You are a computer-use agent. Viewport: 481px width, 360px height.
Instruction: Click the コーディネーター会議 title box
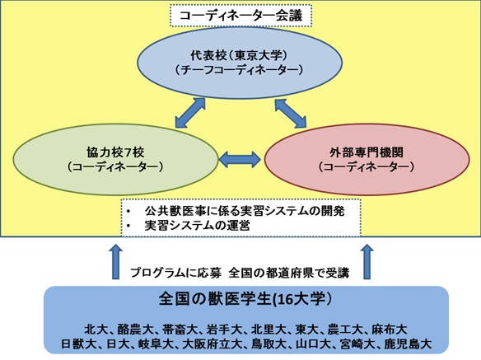click(240, 16)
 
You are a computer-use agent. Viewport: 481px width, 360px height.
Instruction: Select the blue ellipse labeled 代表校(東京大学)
click(240, 63)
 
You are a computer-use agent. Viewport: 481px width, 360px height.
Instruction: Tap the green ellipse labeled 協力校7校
click(115, 159)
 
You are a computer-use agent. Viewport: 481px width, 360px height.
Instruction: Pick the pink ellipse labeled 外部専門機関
click(367, 159)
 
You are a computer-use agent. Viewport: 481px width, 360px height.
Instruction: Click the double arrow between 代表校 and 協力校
click(190, 113)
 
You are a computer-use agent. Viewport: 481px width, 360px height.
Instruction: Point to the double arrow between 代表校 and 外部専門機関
click(291, 113)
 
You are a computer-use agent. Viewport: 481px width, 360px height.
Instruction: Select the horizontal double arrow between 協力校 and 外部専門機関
click(240, 160)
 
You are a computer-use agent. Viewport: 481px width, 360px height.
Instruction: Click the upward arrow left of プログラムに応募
click(115, 262)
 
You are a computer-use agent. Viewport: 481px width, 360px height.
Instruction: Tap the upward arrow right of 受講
click(367, 262)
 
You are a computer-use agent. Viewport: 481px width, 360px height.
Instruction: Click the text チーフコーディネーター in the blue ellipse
click(240, 71)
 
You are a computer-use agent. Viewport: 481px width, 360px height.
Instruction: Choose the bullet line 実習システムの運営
click(197, 226)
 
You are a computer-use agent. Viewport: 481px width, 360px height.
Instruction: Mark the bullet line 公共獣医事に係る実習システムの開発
click(245, 211)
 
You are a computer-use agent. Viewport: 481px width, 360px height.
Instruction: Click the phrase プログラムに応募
click(175, 273)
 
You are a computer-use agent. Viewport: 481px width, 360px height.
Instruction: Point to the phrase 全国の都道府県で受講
click(289, 273)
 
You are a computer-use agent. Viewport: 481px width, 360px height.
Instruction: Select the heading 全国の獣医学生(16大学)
click(245, 299)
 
